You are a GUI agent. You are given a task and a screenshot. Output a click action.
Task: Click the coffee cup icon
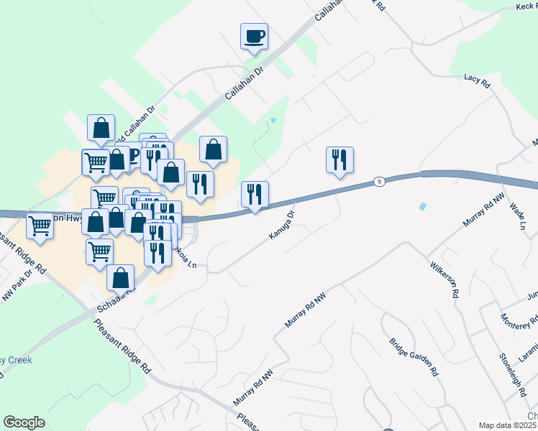(254, 35)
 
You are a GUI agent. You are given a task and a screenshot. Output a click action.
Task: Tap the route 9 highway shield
(378, 182)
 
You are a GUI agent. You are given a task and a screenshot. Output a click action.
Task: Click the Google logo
(24, 422)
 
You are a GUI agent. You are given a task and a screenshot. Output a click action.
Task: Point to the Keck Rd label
(526, 6)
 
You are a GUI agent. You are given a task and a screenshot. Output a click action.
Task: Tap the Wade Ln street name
(518, 216)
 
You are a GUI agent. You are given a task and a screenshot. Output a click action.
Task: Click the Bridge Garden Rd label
(414, 358)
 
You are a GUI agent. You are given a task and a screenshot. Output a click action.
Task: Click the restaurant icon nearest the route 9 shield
(339, 160)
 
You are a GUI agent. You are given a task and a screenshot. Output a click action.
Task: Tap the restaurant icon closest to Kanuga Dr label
(255, 194)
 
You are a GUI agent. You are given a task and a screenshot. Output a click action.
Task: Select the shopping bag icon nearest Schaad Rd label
(120, 277)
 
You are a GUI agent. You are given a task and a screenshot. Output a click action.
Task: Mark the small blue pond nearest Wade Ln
(421, 207)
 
